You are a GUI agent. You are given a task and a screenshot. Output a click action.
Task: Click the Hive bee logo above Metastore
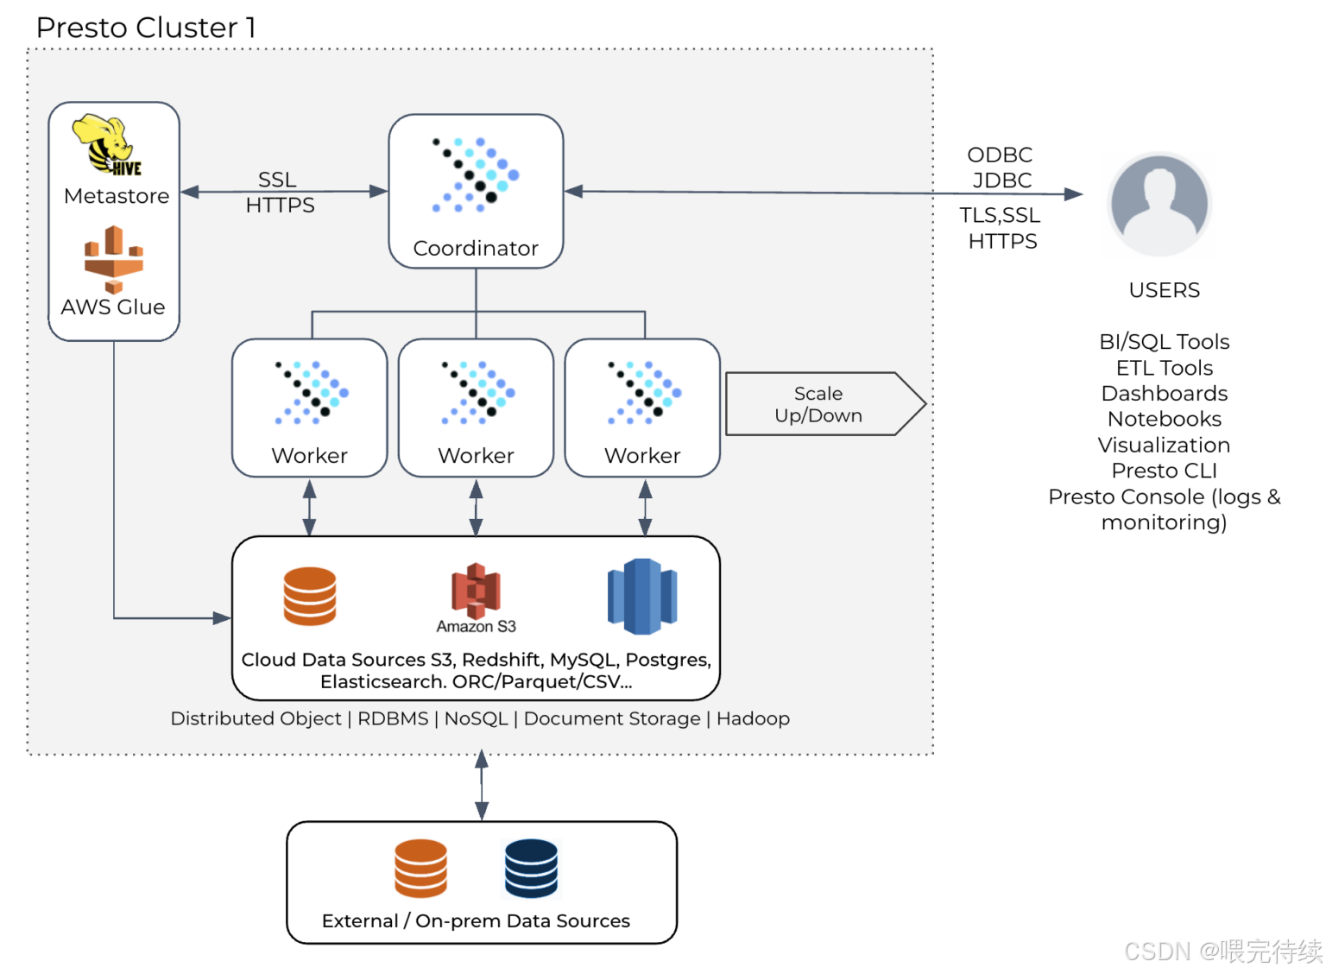[107, 145]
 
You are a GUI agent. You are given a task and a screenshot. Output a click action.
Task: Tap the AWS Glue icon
[114, 260]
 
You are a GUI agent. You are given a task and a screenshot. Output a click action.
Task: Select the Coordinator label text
[477, 249]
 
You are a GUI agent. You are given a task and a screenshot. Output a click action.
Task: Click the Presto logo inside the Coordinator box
[476, 175]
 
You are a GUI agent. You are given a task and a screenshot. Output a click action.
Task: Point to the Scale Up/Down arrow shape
[826, 404]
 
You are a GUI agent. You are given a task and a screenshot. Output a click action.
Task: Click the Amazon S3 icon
[477, 591]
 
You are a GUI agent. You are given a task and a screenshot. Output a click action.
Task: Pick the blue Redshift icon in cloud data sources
[643, 597]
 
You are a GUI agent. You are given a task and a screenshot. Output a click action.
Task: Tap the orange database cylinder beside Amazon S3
[310, 597]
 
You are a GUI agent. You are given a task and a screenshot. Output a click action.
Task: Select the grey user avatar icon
[1160, 205]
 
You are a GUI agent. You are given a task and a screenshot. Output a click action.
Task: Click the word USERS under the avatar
[1165, 291]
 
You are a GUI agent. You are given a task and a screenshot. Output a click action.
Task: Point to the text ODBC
[1001, 155]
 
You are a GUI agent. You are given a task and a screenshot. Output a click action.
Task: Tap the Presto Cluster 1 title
[146, 28]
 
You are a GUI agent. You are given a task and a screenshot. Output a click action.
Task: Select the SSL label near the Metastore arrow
[278, 180]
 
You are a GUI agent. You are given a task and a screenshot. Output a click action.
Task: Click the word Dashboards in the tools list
[1165, 394]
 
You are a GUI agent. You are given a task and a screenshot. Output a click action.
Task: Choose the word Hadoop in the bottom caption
[754, 718]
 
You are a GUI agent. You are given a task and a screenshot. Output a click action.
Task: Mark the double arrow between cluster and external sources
[483, 786]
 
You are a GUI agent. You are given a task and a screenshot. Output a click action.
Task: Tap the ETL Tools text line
[1165, 369]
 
